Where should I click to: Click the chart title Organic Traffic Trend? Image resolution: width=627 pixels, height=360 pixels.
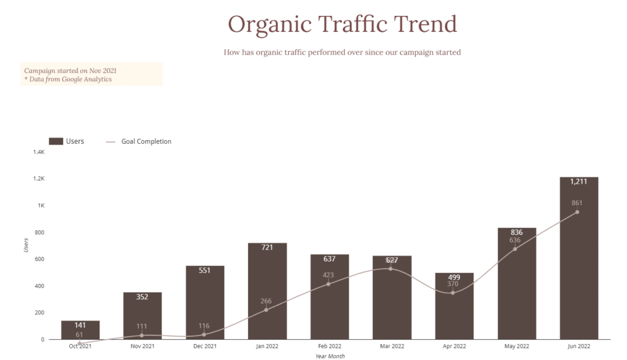342,24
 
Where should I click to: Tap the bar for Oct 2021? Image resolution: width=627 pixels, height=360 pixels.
80,331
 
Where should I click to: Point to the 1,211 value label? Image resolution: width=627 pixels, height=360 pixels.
579,182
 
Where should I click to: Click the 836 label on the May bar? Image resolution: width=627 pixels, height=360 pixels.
517,232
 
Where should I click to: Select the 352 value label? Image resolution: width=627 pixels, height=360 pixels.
142,297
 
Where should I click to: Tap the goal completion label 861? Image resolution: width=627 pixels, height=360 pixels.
577,203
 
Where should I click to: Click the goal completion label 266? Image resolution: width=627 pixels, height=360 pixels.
265,301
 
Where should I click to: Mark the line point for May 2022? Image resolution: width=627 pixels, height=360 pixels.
515,249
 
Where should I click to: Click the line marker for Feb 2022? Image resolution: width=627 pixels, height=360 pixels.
328,283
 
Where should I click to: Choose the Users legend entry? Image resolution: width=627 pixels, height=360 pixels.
67,141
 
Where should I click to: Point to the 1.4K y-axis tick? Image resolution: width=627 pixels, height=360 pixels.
39,152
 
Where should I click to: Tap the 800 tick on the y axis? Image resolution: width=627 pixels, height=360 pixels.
40,232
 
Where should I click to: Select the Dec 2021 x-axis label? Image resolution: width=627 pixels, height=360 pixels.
205,347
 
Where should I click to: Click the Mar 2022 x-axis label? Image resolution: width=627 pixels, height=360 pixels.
392,347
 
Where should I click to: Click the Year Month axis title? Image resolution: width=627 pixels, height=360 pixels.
330,356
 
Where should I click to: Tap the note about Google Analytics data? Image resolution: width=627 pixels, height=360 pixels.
68,79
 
